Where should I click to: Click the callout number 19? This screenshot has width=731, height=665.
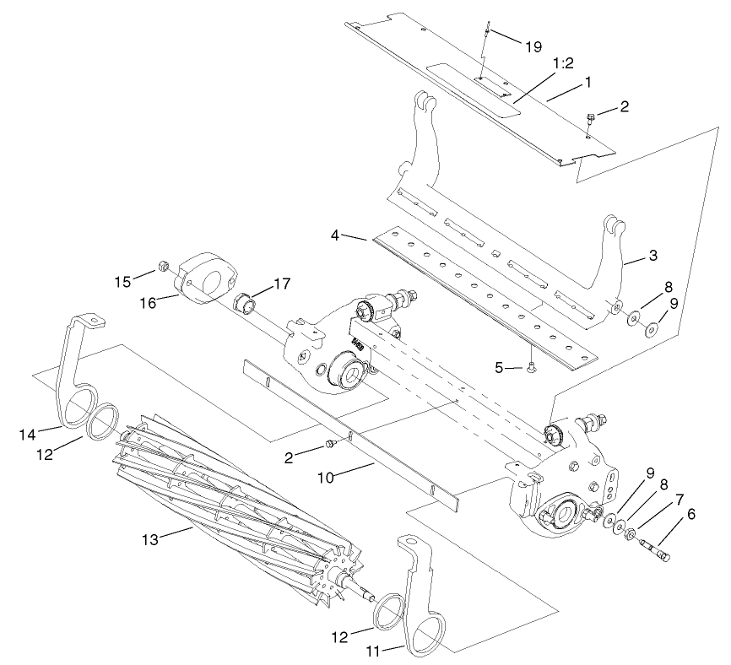coord(533,46)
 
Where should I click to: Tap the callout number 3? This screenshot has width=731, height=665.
coord(652,254)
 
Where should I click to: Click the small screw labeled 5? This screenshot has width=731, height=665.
coord(531,367)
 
